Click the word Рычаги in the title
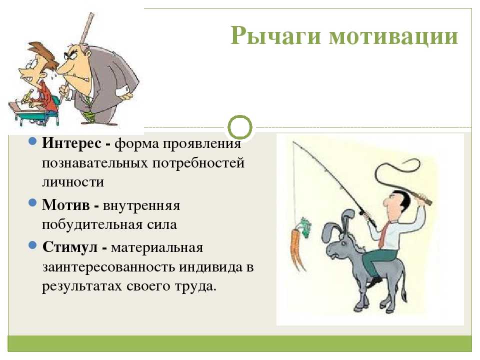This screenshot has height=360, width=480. click(275, 36)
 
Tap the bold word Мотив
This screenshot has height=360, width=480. click(66, 205)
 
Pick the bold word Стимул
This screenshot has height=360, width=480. click(70, 246)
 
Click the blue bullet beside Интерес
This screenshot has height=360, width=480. click(32, 141)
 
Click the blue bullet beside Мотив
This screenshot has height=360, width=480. click(32, 202)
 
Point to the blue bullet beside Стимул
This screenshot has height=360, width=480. click(32, 245)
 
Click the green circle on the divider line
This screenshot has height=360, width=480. click(240, 116)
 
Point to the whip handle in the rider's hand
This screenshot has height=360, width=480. click(422, 198)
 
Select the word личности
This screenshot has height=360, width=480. click(73, 182)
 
